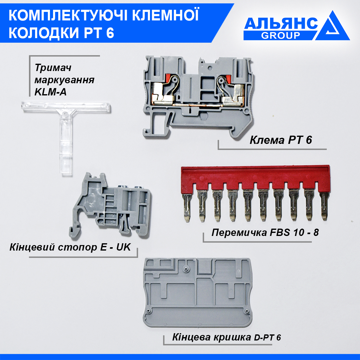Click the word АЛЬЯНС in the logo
click(281, 23)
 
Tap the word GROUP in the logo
click(280, 35)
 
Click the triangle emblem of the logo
click(333, 27)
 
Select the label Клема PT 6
click(281, 140)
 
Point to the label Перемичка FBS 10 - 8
click(265, 232)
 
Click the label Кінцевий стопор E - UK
click(70, 247)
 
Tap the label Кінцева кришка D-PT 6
click(226, 337)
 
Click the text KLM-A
click(51, 92)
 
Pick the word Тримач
click(53, 68)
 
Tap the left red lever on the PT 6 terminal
click(167, 79)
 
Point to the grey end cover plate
click(197, 293)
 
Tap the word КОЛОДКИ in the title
click(44, 33)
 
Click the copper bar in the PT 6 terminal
click(198, 105)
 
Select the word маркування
click(64, 80)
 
